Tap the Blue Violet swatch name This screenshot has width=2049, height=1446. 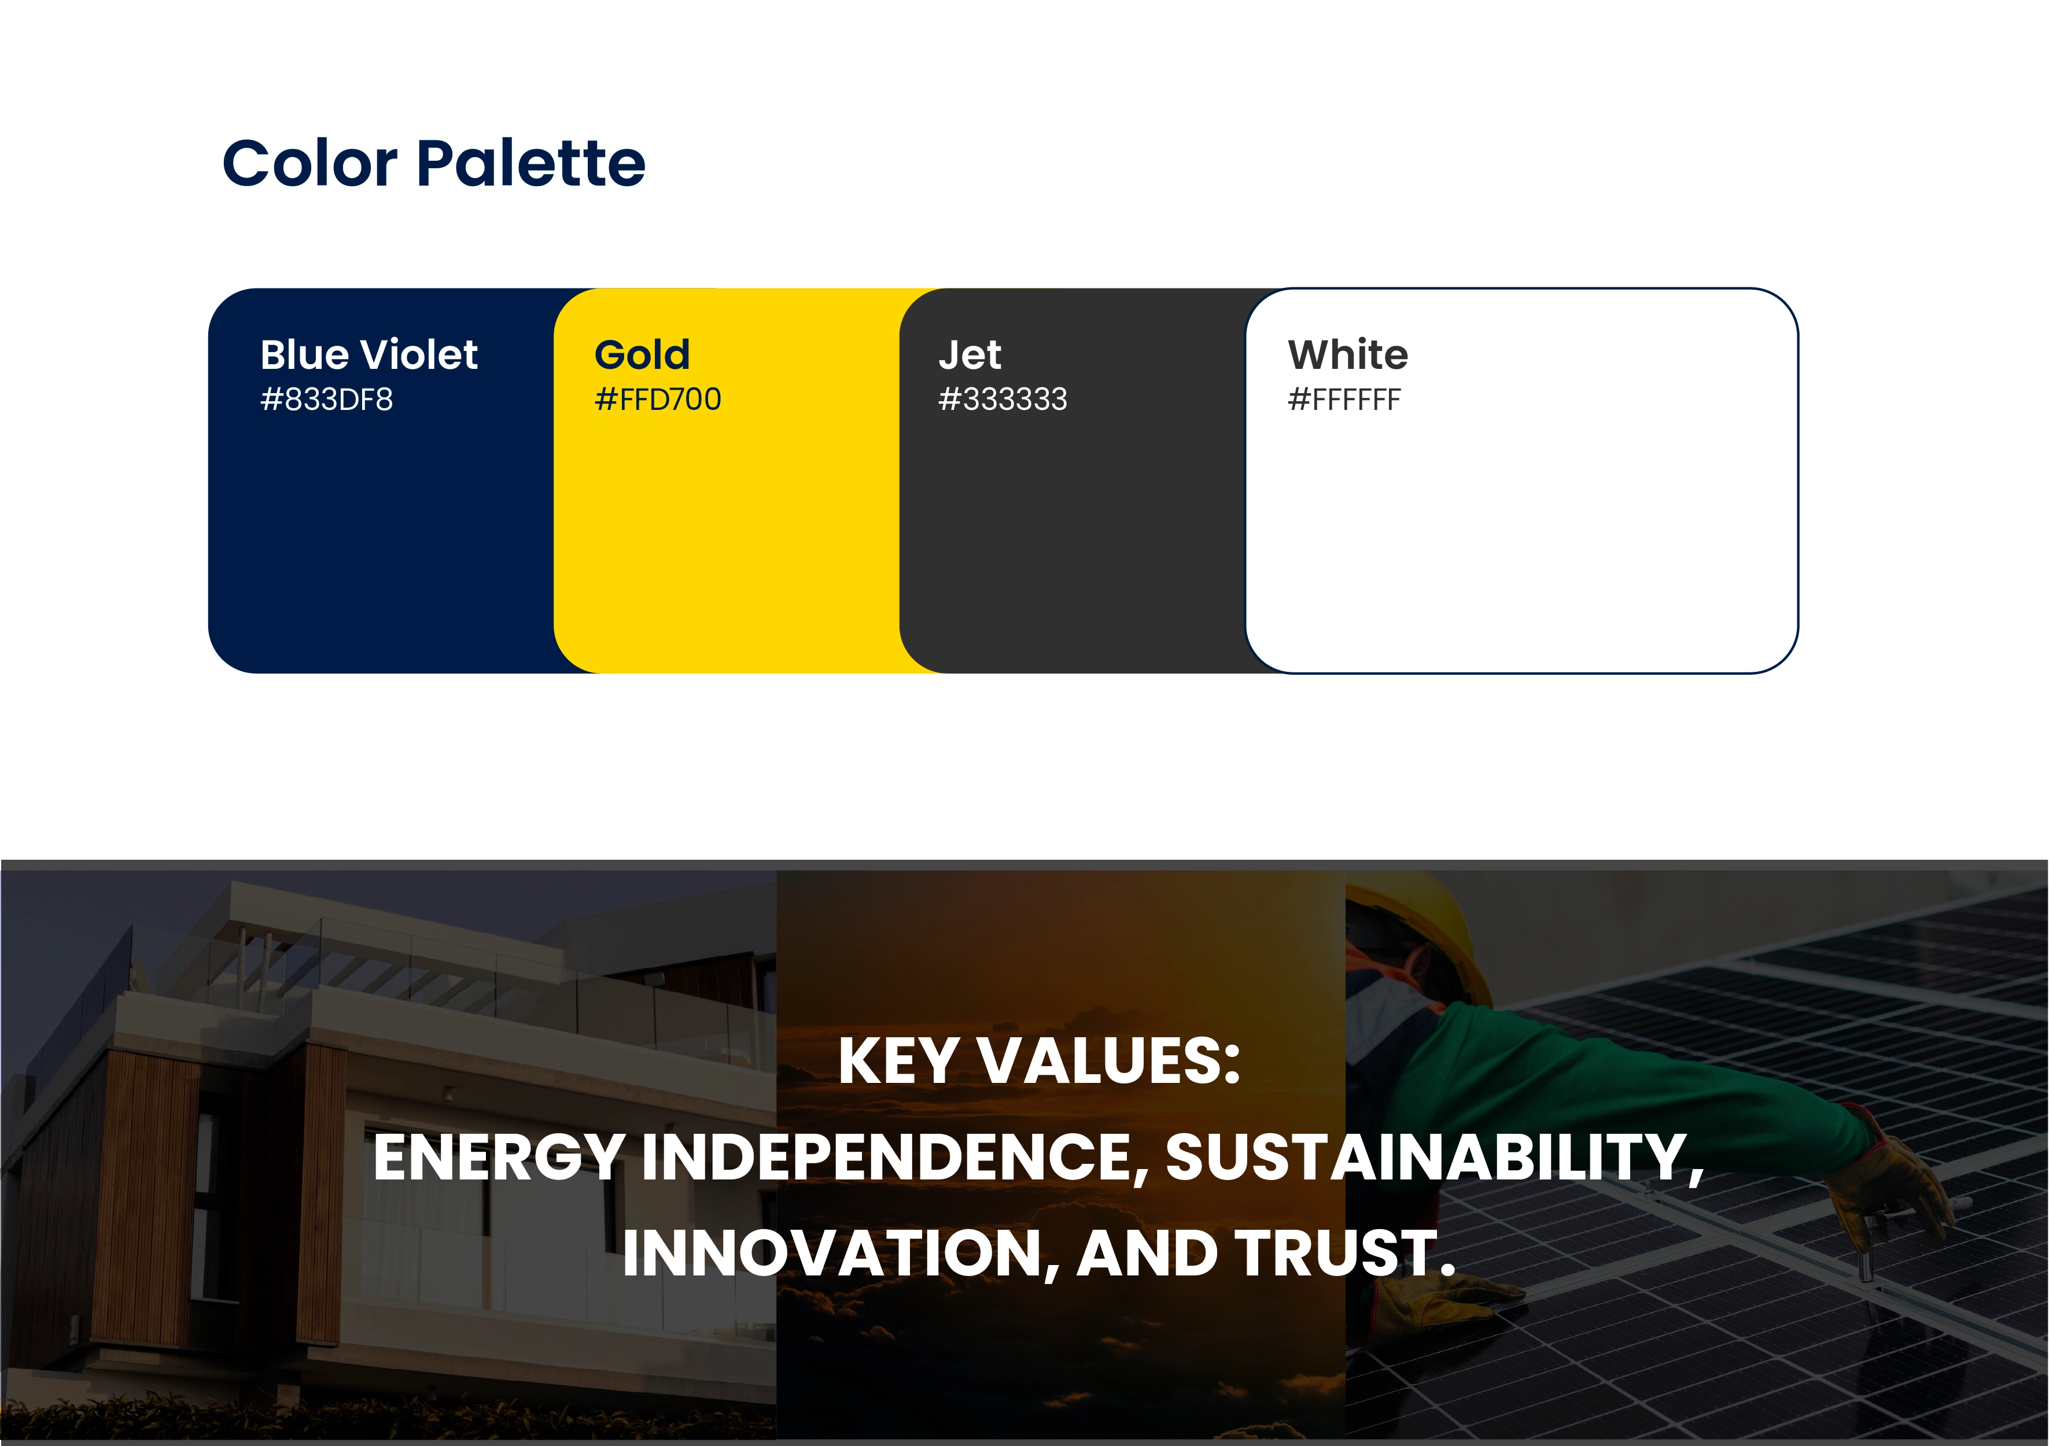coord(368,354)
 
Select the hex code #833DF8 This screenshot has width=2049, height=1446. coord(327,399)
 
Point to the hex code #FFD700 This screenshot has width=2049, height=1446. coord(658,399)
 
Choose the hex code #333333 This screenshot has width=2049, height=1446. coord(1002,399)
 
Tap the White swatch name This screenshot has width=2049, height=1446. coord(1347,354)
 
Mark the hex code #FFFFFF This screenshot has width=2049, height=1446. coord(1344,399)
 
